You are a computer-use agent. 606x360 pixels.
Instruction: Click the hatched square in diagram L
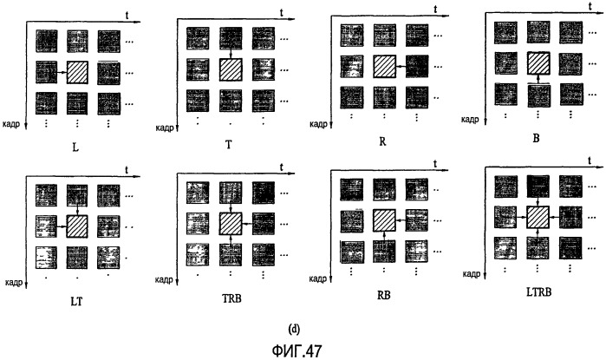[x=77, y=72]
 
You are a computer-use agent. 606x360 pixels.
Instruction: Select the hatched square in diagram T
[x=231, y=69]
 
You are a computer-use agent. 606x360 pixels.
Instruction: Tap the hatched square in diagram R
[x=385, y=67]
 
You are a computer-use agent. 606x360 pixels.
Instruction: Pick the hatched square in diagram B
[x=538, y=63]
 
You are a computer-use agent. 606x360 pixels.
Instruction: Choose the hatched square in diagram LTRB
[x=538, y=218]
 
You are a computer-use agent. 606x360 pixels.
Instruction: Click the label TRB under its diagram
[x=231, y=298]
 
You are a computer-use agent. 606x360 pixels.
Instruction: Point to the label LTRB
[x=538, y=292]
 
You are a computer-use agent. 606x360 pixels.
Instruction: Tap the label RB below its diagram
[x=384, y=296]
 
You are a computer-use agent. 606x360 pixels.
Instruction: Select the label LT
[x=76, y=301]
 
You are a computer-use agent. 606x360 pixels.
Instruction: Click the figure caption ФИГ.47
[x=296, y=351]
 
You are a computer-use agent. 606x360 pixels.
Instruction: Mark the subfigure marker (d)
[x=294, y=329]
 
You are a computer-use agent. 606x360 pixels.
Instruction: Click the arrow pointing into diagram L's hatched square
[x=62, y=72]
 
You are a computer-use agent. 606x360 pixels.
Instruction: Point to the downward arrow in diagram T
[x=231, y=54]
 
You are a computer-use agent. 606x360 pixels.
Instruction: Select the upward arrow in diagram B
[x=538, y=79]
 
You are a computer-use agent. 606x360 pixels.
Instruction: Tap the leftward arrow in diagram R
[x=401, y=67]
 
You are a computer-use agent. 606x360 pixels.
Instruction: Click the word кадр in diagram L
[x=10, y=125]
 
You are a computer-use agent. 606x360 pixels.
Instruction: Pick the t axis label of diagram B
[x=590, y=6]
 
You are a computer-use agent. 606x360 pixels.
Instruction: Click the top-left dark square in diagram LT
[x=46, y=196]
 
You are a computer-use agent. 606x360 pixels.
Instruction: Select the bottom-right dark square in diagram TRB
[x=264, y=255]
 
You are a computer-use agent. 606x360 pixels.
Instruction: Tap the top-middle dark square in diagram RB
[x=385, y=189]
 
